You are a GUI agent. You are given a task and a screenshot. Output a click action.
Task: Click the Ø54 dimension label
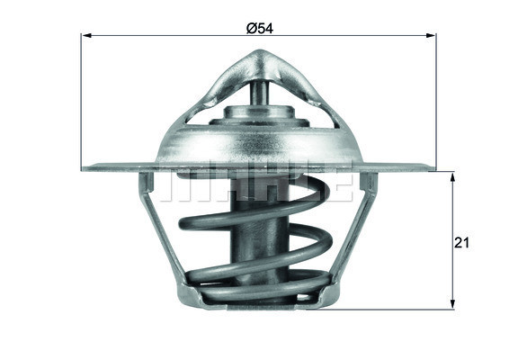click(x=260, y=28)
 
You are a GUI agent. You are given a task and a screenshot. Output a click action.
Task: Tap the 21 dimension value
click(x=464, y=242)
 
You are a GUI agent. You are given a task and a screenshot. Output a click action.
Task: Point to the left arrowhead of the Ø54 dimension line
click(x=86, y=36)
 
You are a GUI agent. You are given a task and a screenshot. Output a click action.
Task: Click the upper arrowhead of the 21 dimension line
click(x=452, y=175)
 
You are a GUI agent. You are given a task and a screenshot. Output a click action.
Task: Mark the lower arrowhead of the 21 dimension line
click(x=452, y=304)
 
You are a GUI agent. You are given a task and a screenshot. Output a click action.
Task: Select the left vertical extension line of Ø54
click(x=81, y=99)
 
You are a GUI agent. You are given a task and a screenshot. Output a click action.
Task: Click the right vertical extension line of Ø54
click(x=437, y=99)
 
